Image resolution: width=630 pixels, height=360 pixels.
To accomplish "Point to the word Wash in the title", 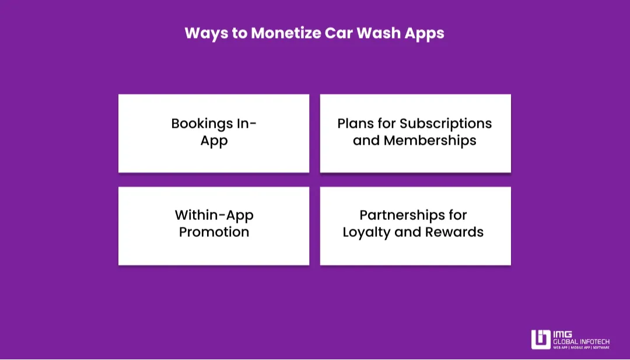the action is pyautogui.click(x=378, y=33).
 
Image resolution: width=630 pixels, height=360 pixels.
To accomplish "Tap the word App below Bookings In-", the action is pyautogui.click(x=214, y=141).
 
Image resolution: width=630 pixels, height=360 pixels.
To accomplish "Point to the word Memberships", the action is pyautogui.click(x=430, y=140).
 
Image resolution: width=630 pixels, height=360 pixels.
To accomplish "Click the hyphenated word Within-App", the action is pyautogui.click(x=214, y=216).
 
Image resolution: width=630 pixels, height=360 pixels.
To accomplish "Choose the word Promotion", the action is pyautogui.click(x=214, y=232).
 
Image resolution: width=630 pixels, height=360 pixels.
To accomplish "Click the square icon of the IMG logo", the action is pyautogui.click(x=541, y=340).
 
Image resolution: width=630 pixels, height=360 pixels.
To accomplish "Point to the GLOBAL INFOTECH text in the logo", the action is pyautogui.click(x=582, y=341).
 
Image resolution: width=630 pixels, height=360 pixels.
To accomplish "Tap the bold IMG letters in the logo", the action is pyautogui.click(x=562, y=334).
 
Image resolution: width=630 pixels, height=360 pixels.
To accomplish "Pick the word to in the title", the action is pyautogui.click(x=240, y=33).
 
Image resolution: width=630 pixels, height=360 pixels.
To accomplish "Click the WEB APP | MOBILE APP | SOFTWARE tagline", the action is pyautogui.click(x=582, y=348).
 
